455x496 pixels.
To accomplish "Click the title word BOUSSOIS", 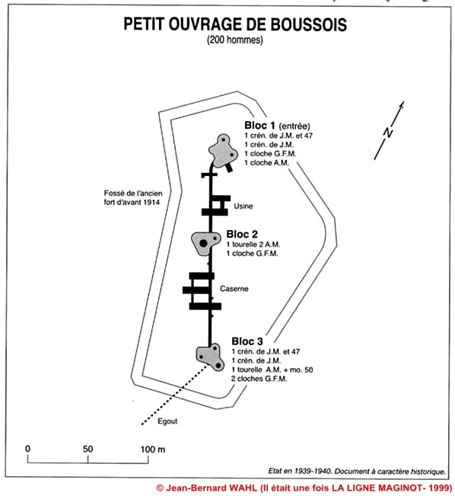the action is pos(308,24).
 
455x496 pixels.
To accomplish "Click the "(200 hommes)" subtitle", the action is pos(235,40).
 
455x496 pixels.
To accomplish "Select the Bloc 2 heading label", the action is pos(242,234).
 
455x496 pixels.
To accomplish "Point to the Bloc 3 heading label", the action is pos(247,341).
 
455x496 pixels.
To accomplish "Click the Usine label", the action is pos(243,206).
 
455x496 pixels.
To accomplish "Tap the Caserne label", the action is pos(234,289).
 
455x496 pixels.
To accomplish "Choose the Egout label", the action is pos(167,421).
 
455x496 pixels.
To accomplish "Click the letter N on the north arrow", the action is pos(388,133).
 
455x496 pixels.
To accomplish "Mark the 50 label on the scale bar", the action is pos(87,449).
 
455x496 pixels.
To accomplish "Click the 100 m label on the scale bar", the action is pos(153,450).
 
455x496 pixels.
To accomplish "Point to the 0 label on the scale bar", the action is pos(28,449).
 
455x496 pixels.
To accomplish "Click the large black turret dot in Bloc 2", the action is pos(203,243).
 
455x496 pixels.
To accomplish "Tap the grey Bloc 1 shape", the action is pos(223,151).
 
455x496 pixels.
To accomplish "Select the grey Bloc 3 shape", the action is pos(210,357).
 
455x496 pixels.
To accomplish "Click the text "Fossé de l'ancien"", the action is pos(133,194).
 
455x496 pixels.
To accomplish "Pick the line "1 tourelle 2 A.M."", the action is pos(253,245).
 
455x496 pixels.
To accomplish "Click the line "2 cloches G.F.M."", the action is pos(259,379).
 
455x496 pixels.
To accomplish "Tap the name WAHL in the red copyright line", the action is pos(243,488).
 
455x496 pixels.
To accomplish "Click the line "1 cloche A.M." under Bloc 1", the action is pos(266,162).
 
